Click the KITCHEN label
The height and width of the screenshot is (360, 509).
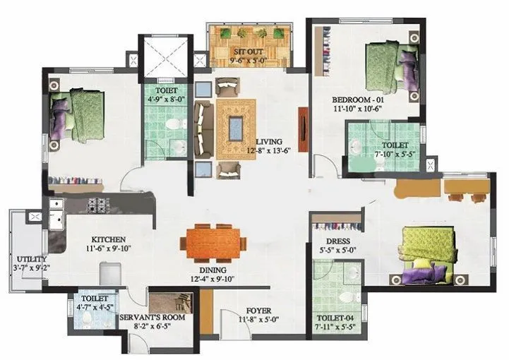pos(109,239)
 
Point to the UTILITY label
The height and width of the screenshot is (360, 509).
pos(28,259)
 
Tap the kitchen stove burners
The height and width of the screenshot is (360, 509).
pos(97,206)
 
